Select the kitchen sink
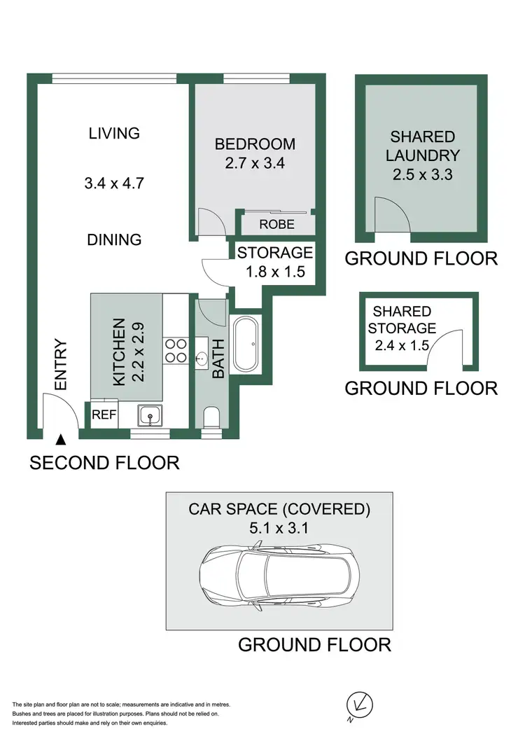(150, 416)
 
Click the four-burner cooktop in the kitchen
(176, 351)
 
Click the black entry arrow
(61, 440)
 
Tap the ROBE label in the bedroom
(276, 225)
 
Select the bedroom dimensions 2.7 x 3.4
(255, 165)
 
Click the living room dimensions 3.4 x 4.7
(114, 183)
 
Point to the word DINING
(114, 239)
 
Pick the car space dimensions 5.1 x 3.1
(278, 529)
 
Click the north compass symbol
(360, 704)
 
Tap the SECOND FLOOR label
(104, 463)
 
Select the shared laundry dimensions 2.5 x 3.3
(422, 174)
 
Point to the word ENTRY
(60, 364)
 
